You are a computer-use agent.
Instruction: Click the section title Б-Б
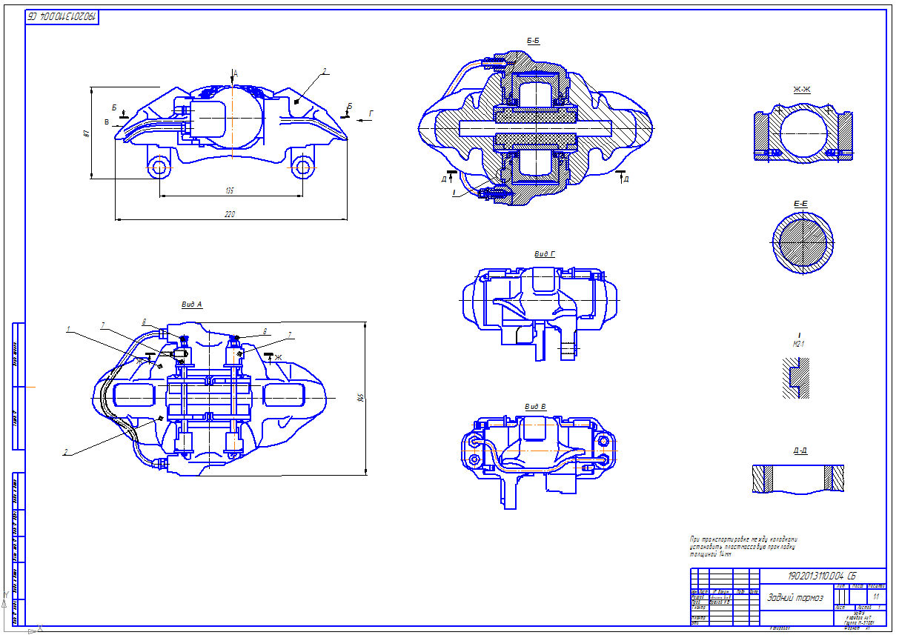pyautogui.click(x=532, y=41)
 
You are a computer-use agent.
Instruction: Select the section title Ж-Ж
pyautogui.click(x=801, y=90)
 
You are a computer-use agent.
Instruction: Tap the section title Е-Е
pyautogui.click(x=801, y=202)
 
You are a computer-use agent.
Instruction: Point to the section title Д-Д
pyautogui.click(x=800, y=451)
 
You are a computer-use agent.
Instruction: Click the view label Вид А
pyautogui.click(x=191, y=305)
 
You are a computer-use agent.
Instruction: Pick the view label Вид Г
pyautogui.click(x=545, y=254)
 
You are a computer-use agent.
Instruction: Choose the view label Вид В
pyautogui.click(x=535, y=407)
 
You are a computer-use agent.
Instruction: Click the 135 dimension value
pyautogui.click(x=230, y=191)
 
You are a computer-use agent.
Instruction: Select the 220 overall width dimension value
pyautogui.click(x=230, y=215)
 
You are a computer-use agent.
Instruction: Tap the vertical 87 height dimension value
pyautogui.click(x=87, y=133)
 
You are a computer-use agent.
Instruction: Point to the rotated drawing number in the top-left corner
pyautogui.click(x=62, y=16)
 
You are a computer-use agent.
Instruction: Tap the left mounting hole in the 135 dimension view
pyautogui.click(x=159, y=167)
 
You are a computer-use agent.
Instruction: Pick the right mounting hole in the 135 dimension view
pyautogui.click(x=302, y=167)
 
